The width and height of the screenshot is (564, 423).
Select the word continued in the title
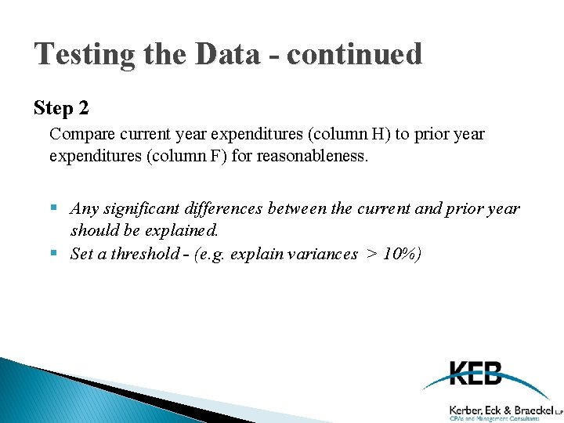point(355,54)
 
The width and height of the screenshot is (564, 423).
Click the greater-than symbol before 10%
point(371,253)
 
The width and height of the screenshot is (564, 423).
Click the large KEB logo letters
point(475,373)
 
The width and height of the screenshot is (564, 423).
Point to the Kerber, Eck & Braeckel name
point(501,409)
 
